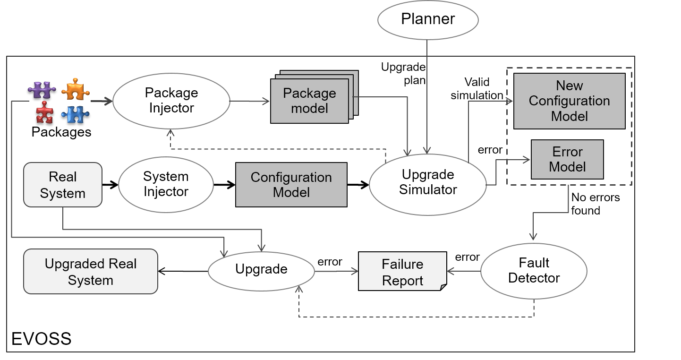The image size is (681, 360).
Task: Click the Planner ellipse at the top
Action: point(428,19)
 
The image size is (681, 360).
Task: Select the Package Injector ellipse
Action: point(171,100)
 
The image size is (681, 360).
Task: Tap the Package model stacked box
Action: point(309,101)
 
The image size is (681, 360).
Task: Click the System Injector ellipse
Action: point(166,184)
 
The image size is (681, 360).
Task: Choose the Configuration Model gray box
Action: point(291,185)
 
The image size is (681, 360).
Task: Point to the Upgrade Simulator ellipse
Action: point(427,182)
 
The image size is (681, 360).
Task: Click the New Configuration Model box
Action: point(569,101)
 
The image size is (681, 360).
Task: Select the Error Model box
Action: point(567,159)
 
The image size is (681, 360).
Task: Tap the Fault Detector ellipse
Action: point(534,271)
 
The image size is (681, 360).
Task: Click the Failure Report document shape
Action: point(402,272)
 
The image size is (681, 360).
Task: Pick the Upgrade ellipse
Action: point(261,269)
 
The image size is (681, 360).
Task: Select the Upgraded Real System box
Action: point(90,272)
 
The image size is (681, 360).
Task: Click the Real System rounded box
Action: point(63,185)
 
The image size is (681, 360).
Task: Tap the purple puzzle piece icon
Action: point(42,90)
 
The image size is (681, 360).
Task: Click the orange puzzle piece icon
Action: point(76,89)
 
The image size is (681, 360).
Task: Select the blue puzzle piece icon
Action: point(76,114)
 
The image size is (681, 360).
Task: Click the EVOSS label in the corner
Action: point(41,339)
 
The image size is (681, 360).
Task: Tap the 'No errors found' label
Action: point(595,204)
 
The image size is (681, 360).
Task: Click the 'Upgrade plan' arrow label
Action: point(403,74)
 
